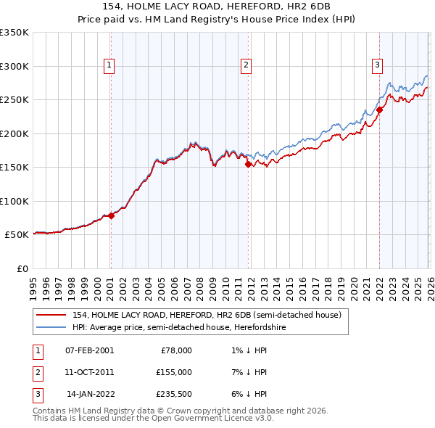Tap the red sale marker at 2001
tap(111, 215)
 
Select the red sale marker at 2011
tap(248, 164)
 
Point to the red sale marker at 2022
tap(378, 110)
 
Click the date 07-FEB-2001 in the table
tap(89, 350)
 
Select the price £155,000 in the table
tap(175, 372)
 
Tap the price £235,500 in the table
tap(175, 394)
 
